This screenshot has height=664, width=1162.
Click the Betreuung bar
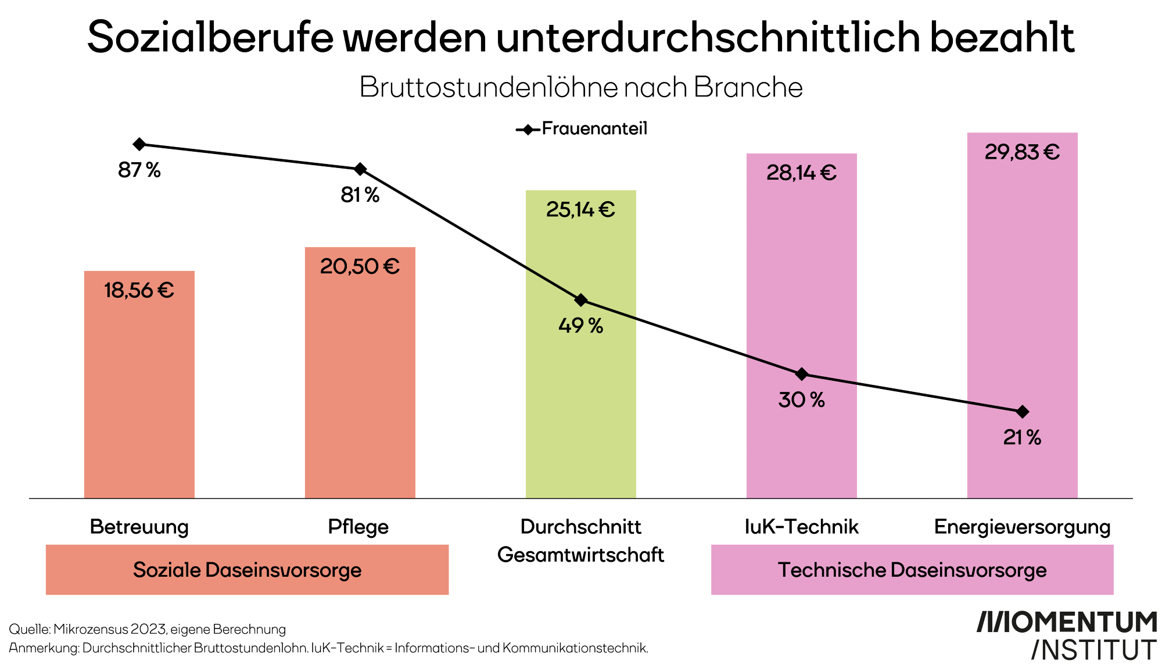139,395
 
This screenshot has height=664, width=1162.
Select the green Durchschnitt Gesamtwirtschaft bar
581,407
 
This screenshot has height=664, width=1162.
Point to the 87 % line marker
139,144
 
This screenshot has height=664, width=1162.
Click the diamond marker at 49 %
581,300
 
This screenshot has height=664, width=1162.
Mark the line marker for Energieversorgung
1023,412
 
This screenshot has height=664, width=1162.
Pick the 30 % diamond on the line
802,374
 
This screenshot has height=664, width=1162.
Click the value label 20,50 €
360,266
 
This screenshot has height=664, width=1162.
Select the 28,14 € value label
801,173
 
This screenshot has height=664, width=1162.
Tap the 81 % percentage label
360,195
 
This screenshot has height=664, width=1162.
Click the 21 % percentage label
1022,437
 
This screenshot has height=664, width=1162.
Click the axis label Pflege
358,527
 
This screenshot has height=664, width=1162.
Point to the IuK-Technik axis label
801,527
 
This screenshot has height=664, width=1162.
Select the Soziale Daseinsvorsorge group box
247,570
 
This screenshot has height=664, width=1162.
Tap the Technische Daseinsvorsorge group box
912,570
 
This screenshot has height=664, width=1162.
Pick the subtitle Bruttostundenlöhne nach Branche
581,87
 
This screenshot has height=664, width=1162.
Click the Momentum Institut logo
1066,635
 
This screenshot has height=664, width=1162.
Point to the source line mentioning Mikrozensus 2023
148,629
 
